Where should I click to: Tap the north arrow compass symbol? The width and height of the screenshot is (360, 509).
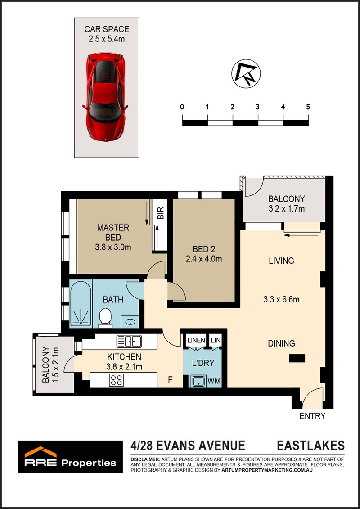tap(246, 73)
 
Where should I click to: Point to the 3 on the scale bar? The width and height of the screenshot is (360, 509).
tap(257, 107)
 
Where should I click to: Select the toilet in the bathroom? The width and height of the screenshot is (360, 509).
tap(105, 316)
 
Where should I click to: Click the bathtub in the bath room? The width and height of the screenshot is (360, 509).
tap(81, 303)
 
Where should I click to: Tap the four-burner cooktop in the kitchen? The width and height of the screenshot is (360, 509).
tap(117, 380)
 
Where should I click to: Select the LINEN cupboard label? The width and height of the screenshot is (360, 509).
tap(196, 341)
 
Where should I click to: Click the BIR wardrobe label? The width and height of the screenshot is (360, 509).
tap(160, 213)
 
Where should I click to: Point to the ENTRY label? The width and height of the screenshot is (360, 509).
tap(312, 416)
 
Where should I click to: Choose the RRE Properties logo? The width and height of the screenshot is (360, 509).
tap(71, 457)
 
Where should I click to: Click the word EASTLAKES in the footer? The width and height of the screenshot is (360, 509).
tap(310, 446)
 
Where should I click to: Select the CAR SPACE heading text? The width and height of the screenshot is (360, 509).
tap(107, 29)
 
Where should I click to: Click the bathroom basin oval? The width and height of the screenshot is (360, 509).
tap(130, 322)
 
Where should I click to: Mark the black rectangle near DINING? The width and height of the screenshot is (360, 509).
tap(297, 358)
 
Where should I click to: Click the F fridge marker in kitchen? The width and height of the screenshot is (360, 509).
tap(169, 379)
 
